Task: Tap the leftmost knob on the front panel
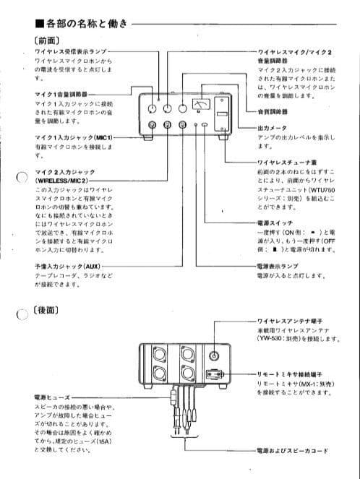point(152,108)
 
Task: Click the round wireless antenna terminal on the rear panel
point(214,355)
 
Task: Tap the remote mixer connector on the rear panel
point(213,375)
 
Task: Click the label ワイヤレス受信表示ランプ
point(71,53)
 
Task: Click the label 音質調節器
point(273,112)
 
